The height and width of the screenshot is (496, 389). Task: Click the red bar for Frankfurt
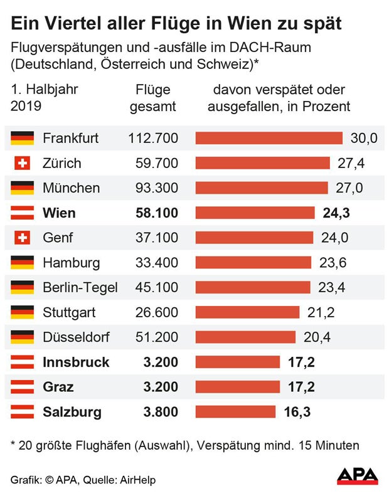(269, 138)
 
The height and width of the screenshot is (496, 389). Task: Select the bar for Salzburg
(235, 412)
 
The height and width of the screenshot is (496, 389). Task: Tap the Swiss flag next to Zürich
(22, 163)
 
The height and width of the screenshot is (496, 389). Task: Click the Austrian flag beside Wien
(22, 213)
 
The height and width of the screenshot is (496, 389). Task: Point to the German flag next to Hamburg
(22, 263)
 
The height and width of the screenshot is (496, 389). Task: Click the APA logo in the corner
(358, 476)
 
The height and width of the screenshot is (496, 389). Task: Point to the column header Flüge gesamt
(152, 98)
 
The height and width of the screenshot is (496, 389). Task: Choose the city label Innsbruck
(76, 362)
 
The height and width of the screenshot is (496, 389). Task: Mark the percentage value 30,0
(364, 138)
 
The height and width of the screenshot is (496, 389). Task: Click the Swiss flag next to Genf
(22, 238)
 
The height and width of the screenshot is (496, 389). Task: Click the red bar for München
(262, 188)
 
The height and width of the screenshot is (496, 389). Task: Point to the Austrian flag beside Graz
(22, 387)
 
